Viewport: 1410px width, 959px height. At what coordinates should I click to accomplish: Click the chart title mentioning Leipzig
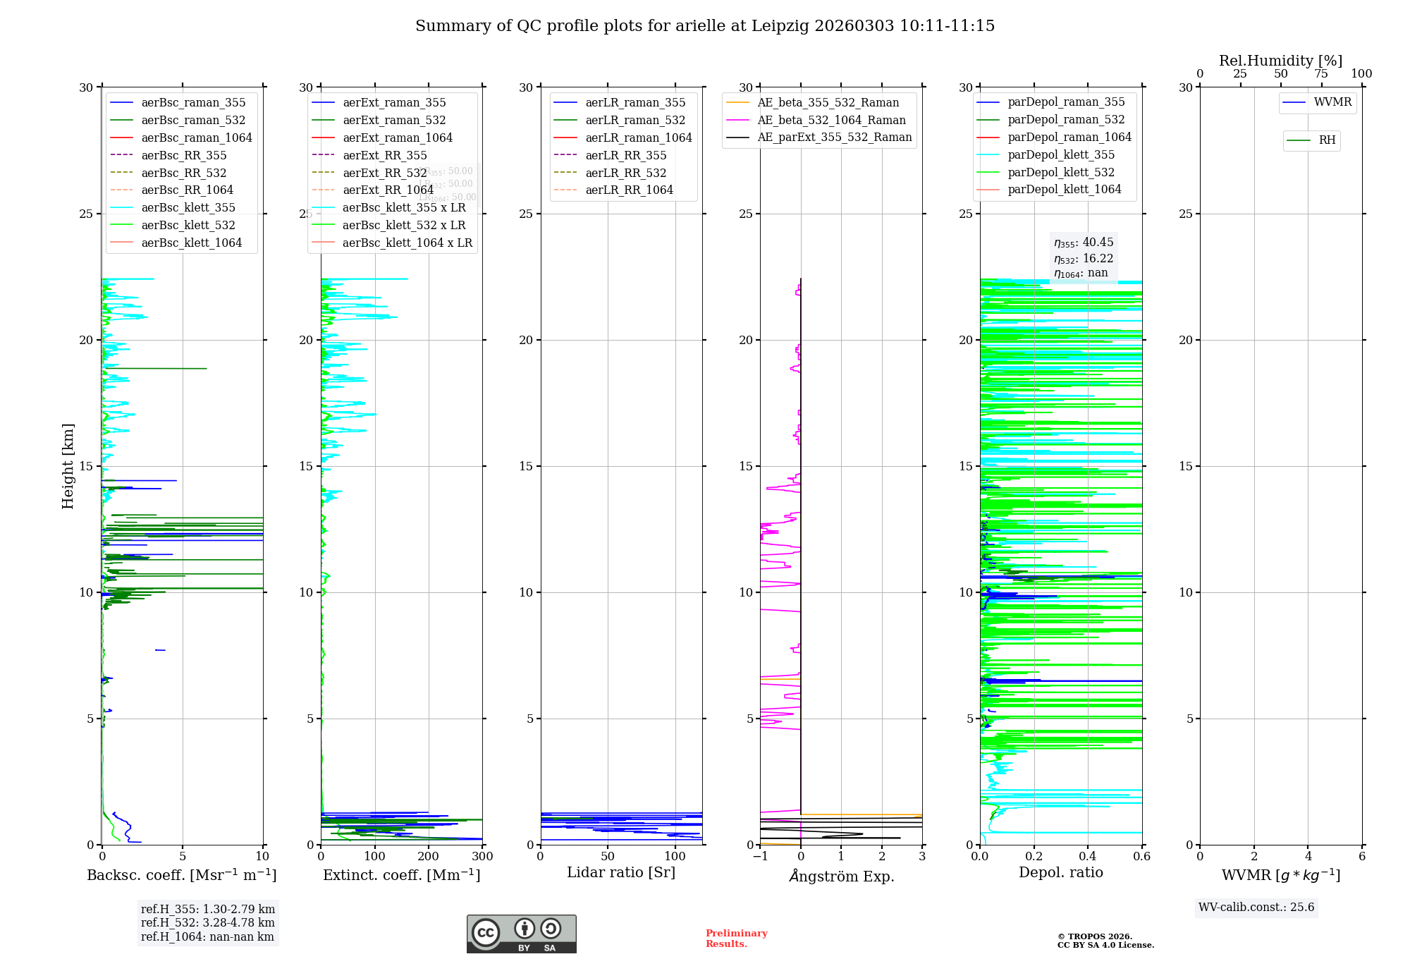(x=705, y=26)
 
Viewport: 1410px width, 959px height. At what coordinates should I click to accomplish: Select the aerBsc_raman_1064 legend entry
(x=196, y=138)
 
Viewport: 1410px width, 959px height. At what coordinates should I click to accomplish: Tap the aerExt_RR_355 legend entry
(x=384, y=155)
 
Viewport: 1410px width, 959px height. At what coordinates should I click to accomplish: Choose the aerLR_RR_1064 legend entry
(x=629, y=190)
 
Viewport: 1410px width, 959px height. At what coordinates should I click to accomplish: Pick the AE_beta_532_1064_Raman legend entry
(x=831, y=120)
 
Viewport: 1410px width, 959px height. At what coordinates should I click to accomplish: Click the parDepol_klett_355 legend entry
(x=1061, y=154)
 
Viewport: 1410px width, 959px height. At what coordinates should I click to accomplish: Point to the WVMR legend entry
(x=1332, y=102)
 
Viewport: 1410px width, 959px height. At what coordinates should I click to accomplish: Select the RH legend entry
(x=1327, y=140)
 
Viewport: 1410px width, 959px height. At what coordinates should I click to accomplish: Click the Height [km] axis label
(x=68, y=466)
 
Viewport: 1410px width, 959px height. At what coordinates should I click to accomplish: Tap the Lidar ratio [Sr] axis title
(x=621, y=872)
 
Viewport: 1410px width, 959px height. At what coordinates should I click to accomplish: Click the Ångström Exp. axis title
(x=842, y=876)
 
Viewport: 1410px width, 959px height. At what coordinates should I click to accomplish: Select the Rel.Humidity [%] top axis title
(x=1280, y=61)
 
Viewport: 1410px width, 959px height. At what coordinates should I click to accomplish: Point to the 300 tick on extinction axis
(x=482, y=857)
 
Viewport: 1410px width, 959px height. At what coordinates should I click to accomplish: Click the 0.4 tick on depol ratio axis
(x=1088, y=857)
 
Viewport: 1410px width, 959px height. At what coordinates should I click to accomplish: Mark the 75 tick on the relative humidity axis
(x=1321, y=74)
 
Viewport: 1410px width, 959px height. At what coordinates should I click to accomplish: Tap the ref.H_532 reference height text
(x=208, y=922)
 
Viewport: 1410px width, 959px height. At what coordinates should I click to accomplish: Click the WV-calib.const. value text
(x=1256, y=908)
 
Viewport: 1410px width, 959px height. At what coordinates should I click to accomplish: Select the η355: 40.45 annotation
(x=1084, y=243)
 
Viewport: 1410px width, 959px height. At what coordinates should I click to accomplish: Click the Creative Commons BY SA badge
(x=522, y=934)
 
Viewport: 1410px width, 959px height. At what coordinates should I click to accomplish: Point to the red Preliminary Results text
(x=736, y=939)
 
